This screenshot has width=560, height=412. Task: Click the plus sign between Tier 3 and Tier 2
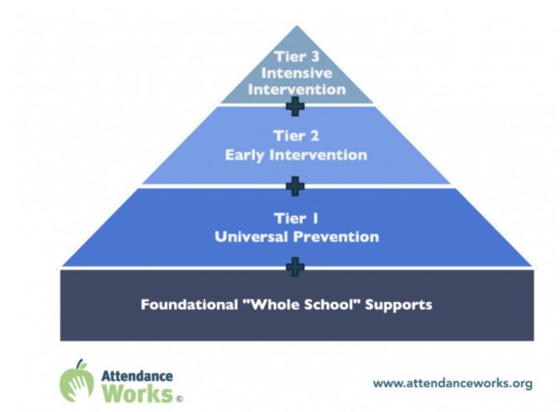click(295, 106)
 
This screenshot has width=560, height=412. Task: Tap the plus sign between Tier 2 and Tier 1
click(295, 186)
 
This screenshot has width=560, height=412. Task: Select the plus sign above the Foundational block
click(295, 267)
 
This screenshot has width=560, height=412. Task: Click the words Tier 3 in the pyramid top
click(297, 57)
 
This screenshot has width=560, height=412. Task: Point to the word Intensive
click(297, 73)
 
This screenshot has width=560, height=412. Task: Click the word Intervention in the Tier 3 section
click(297, 90)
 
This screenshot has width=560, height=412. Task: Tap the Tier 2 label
click(296, 136)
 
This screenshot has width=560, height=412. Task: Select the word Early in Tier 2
click(245, 156)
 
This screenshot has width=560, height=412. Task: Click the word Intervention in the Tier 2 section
click(318, 155)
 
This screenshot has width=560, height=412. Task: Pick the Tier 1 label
click(296, 218)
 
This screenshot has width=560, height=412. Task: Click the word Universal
click(251, 236)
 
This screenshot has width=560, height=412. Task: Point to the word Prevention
click(336, 236)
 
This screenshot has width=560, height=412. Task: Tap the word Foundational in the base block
click(190, 305)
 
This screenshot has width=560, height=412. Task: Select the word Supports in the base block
click(398, 305)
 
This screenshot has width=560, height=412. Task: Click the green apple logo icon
click(77, 381)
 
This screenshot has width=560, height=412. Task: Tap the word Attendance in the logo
click(137, 376)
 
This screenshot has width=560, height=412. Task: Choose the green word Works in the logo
click(138, 394)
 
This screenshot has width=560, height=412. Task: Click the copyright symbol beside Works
click(179, 398)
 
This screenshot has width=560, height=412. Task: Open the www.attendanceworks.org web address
click(453, 383)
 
